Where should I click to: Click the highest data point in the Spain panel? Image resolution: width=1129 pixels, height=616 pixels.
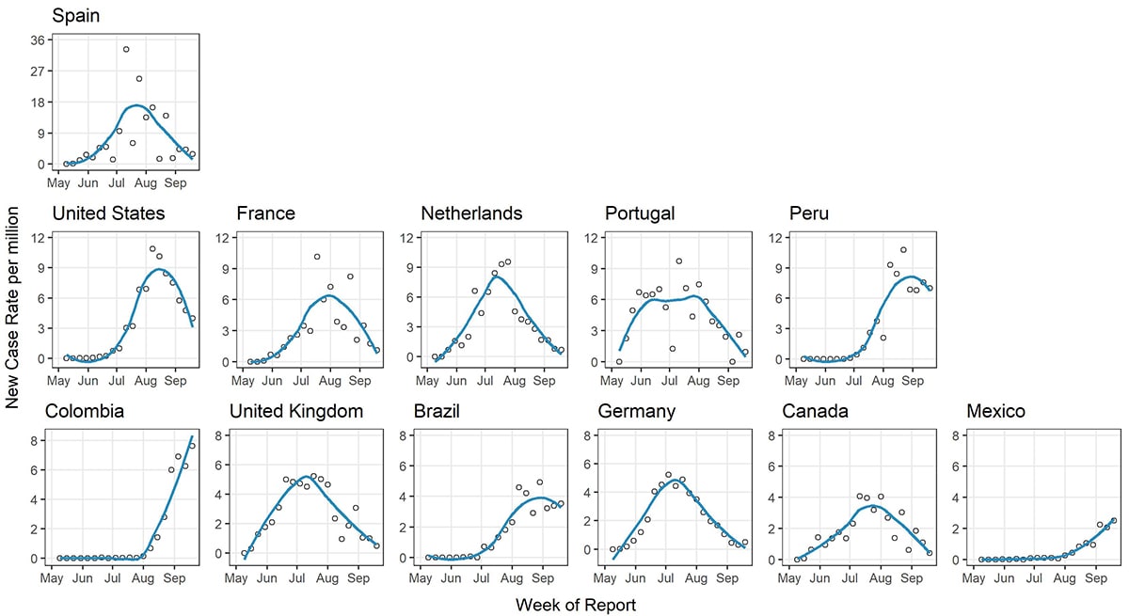tap(126, 49)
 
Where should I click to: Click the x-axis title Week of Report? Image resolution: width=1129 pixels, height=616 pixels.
tap(575, 605)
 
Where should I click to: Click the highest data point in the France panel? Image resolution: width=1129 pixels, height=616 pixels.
tap(317, 257)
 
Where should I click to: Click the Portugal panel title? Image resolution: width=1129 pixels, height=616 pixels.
tap(640, 213)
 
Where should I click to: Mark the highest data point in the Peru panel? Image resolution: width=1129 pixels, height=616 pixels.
tap(903, 250)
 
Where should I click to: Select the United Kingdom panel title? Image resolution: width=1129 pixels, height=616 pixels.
tap(296, 411)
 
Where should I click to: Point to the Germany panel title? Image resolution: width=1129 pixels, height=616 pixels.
tap(637, 411)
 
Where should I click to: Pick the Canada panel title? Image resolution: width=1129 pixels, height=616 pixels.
tap(815, 411)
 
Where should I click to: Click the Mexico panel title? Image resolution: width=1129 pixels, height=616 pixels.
tap(995, 411)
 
